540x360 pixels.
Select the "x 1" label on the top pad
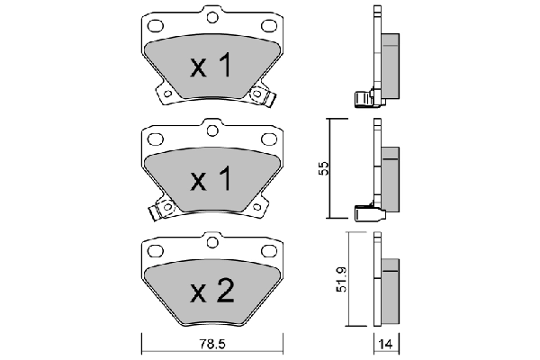pyautogui.click(x=211, y=65)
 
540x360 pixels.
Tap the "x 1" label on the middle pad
pyautogui.click(x=211, y=179)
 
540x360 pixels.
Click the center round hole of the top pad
pyautogui.click(x=212, y=14)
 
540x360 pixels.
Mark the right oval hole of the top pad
pyautogui.click(x=268, y=24)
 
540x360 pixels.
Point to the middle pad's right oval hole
pyautogui.click(x=268, y=138)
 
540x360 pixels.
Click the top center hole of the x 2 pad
pyautogui.click(x=212, y=239)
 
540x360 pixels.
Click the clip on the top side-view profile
pyautogui.click(x=363, y=97)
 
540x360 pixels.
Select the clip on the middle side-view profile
pyautogui.click(x=365, y=212)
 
